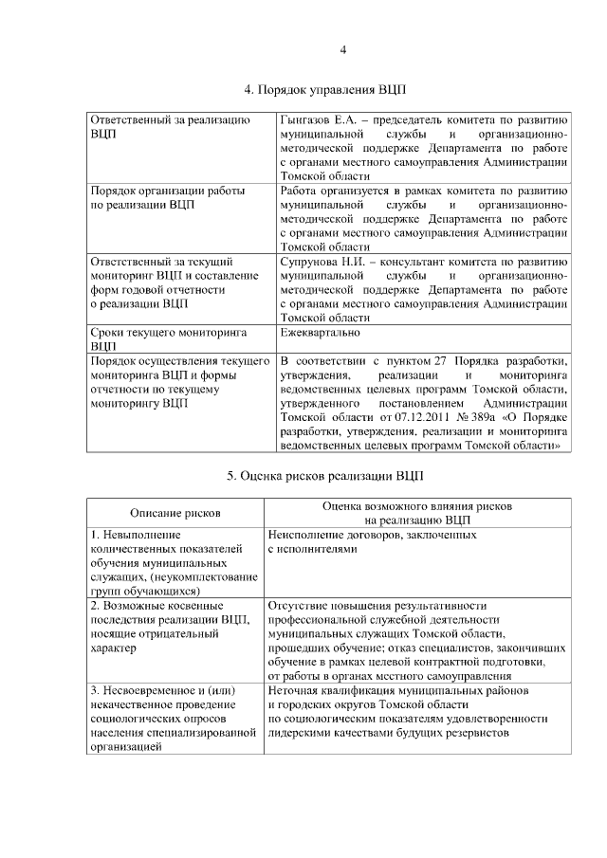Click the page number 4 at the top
click(343, 49)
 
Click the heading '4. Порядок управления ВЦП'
click(325, 91)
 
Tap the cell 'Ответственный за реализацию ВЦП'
click(168, 128)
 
